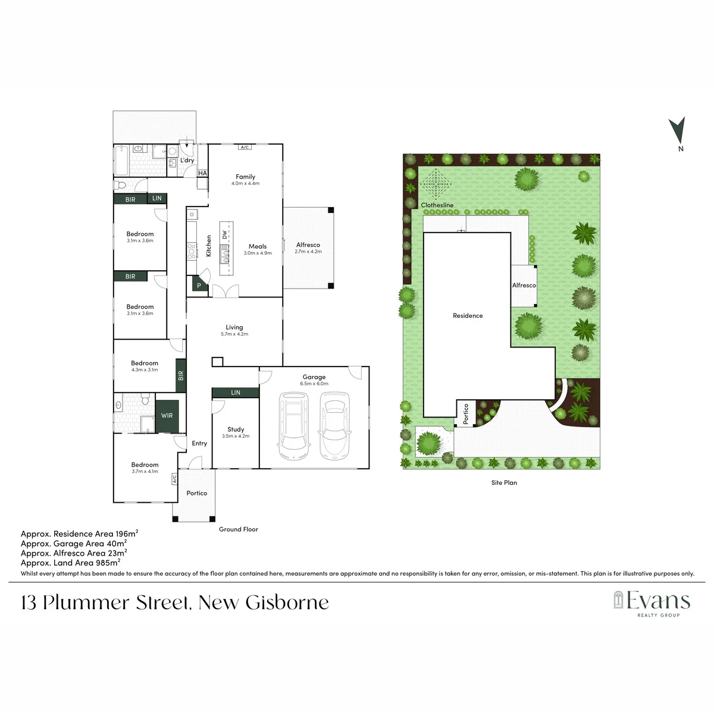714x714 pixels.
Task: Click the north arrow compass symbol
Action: [678, 131]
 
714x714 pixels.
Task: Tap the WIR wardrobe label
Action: [167, 416]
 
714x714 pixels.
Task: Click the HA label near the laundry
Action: [202, 173]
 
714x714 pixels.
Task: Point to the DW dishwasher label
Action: [224, 234]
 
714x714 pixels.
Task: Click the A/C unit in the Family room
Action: [245, 147]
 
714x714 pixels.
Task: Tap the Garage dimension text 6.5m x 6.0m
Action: [314, 384]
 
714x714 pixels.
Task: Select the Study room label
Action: [236, 429]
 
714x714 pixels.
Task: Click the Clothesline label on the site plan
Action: [437, 205]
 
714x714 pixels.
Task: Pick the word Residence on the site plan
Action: [468, 316]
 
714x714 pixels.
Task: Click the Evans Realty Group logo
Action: [652, 605]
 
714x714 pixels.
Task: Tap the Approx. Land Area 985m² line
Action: [70, 563]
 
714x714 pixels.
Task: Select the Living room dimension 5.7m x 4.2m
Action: [234, 334]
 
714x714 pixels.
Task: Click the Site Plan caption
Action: [504, 483]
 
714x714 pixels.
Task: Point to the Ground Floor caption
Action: [238, 529]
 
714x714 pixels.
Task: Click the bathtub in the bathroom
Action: [121, 161]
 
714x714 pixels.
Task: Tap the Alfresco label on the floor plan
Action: [308, 245]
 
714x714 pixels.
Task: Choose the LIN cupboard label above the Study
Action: [236, 392]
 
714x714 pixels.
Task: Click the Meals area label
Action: [258, 246]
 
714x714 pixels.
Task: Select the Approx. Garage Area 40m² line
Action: [74, 544]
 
